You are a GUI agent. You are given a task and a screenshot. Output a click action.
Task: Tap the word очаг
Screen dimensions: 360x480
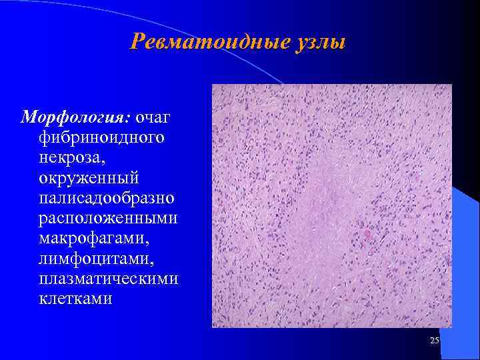tap(153, 118)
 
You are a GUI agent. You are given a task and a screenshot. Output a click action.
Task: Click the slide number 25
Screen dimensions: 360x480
tap(435, 341)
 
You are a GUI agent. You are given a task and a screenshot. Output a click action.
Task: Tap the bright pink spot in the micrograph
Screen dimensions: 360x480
tap(367, 234)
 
